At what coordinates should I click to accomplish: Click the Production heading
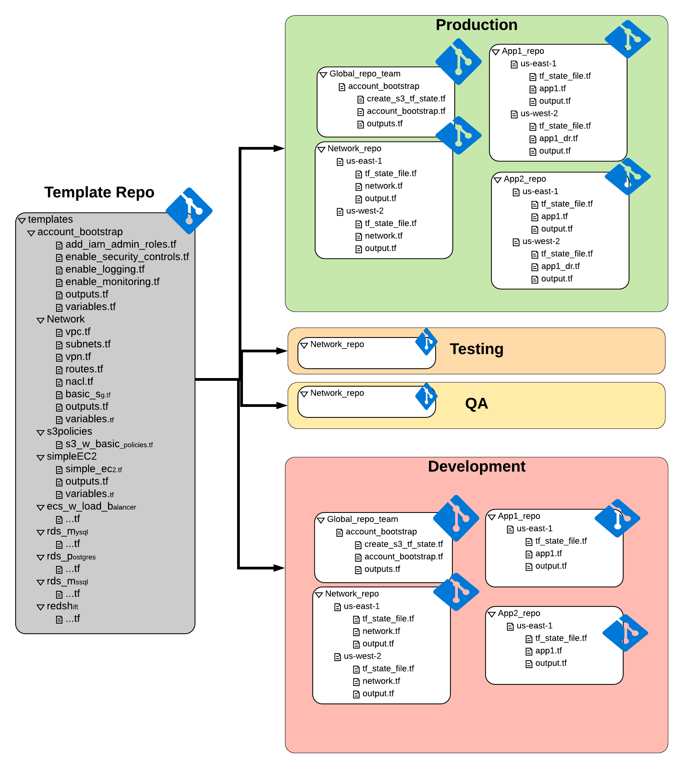[x=476, y=25]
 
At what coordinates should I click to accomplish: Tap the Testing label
[x=476, y=349]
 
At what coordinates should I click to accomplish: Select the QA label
[x=476, y=403]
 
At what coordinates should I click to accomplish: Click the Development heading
[x=476, y=467]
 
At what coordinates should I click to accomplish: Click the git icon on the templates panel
[x=189, y=211]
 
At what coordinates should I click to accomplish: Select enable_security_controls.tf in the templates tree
[x=127, y=257]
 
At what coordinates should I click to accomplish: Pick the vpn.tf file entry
[x=78, y=357]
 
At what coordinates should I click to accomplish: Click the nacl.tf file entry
[x=79, y=382]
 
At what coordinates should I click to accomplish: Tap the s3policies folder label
[x=69, y=431]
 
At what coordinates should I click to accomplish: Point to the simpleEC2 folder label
[x=71, y=456]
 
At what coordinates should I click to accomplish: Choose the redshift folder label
[x=62, y=606]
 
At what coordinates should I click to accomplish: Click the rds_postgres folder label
[x=71, y=556]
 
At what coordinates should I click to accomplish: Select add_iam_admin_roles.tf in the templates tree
[x=120, y=244]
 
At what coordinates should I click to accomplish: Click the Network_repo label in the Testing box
[x=337, y=344]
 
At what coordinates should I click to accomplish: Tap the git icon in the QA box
[x=426, y=396]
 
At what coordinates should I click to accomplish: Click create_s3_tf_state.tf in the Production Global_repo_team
[x=406, y=99]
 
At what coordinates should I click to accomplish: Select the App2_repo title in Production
[x=525, y=179]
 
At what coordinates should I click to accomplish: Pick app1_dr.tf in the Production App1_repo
[x=558, y=138]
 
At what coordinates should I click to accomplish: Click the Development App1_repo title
[x=519, y=516]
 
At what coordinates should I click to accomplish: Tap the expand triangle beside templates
[x=22, y=221]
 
